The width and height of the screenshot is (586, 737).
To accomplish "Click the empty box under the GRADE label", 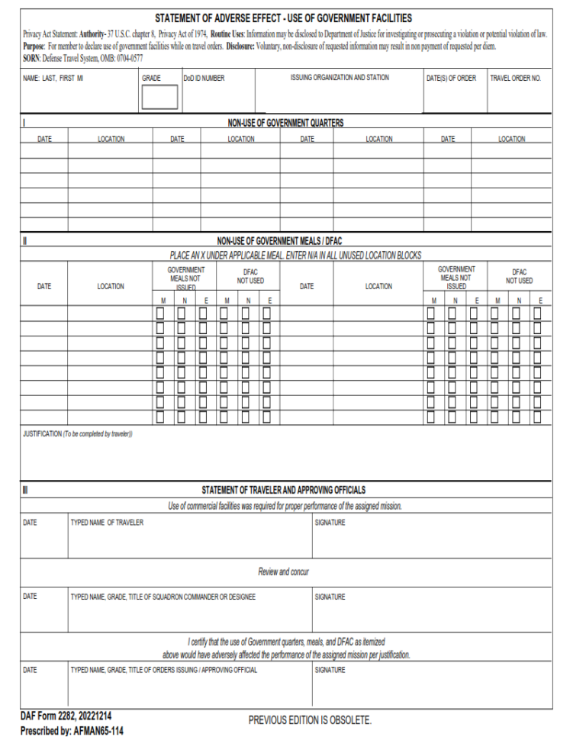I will [x=159, y=97].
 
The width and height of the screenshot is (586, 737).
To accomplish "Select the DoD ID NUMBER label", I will [x=204, y=78].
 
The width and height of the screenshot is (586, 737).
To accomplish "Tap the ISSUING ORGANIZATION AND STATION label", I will [x=339, y=78].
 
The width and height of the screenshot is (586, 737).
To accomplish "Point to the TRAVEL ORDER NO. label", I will [x=515, y=78].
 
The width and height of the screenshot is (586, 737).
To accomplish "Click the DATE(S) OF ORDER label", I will [x=451, y=78].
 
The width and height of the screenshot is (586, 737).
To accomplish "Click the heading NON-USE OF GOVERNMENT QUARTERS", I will [x=285, y=123].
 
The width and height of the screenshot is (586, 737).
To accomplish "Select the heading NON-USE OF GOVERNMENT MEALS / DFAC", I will [x=285, y=241].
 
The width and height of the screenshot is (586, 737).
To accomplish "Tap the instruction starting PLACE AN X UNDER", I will [x=295, y=255].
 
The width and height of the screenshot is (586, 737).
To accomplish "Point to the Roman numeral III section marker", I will [x=24, y=490].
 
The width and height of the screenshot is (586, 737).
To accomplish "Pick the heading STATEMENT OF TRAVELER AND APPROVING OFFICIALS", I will [x=283, y=490].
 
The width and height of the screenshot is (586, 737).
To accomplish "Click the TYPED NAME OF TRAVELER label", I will [x=107, y=523].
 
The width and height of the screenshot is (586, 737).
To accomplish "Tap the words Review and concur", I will [x=283, y=571].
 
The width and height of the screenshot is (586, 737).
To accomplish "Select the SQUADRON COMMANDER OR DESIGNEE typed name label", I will [x=163, y=597].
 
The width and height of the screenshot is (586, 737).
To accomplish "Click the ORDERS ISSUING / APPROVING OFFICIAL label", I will [x=163, y=670].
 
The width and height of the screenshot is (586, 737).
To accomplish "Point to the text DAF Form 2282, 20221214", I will [x=68, y=716].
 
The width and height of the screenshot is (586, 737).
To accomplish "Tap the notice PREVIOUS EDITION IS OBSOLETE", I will [x=310, y=720].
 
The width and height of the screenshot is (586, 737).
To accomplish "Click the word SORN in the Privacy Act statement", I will [x=32, y=58].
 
